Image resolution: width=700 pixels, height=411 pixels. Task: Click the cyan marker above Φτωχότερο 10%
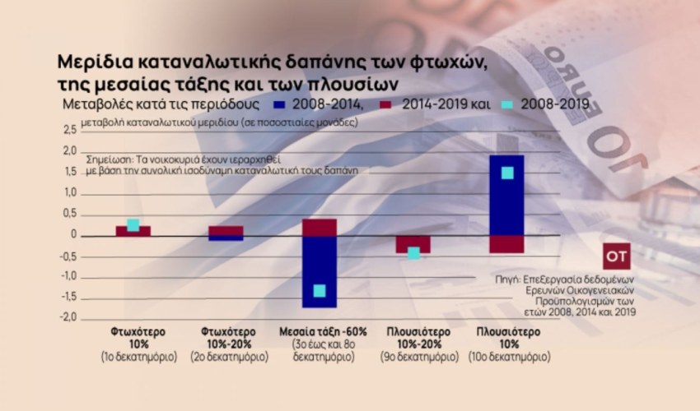coord(133,225)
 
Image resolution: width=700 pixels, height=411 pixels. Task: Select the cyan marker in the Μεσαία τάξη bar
coord(320,290)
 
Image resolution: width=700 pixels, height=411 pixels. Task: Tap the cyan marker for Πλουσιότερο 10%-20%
coord(413,253)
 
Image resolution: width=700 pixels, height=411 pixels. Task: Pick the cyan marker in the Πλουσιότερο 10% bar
coord(507,173)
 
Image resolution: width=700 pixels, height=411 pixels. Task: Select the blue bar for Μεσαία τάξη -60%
coord(320,271)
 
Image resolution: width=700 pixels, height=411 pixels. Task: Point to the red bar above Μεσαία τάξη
coord(320,228)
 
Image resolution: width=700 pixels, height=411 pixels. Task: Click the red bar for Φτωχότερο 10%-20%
coord(226,231)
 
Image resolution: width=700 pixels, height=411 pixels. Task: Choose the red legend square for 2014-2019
coord(385,104)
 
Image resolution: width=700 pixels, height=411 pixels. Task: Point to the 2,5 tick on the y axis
coord(68,130)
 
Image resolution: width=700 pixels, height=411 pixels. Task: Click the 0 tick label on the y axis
coord(73,235)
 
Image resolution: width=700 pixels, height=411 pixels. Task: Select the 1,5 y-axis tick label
coord(68,172)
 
